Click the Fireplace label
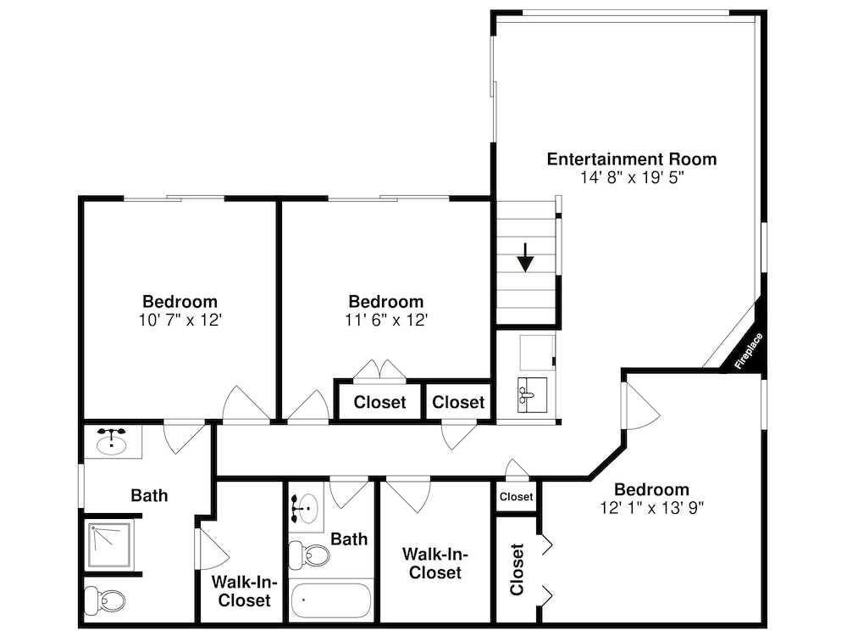[x=749, y=351]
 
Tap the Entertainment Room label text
[x=632, y=159]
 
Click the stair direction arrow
[x=525, y=258]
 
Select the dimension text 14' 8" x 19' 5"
[x=632, y=177]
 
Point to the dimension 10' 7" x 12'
[x=180, y=321]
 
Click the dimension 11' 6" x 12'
[x=386, y=321]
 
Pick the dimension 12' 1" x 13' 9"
[x=652, y=508]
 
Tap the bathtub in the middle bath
[x=331, y=601]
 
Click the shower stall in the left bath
[x=109, y=544]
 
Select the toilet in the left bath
[x=105, y=600]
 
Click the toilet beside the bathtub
[x=309, y=555]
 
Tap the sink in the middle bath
[x=305, y=508]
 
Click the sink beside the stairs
[x=532, y=395]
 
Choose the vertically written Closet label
[x=517, y=569]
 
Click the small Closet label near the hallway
[x=517, y=496]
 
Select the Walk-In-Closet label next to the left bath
[x=244, y=591]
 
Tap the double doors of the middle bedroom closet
[x=379, y=370]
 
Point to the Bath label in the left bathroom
[x=149, y=495]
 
